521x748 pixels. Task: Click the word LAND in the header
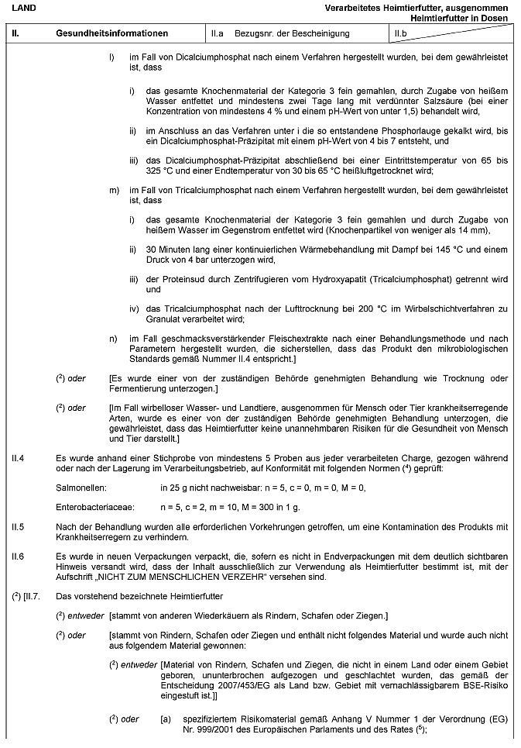click(22, 7)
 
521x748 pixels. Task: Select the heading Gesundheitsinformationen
click(111, 34)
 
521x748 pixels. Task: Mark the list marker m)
click(114, 189)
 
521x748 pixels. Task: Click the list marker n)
click(113, 338)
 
